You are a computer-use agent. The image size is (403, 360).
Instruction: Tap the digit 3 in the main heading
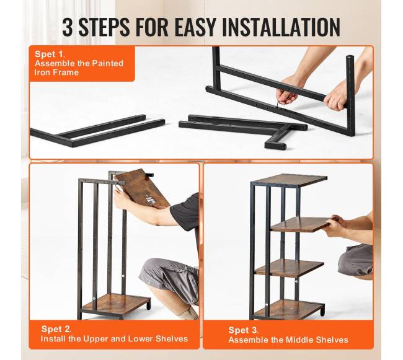coord(68,27)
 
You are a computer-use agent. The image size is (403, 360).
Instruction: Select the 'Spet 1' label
coord(50,54)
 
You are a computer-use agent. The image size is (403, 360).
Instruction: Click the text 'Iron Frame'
coord(56,72)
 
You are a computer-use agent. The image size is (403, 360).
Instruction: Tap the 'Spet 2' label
coord(56,329)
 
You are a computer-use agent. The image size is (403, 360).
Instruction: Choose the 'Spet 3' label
coord(243,330)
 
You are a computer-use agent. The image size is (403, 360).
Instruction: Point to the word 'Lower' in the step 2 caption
coord(141,339)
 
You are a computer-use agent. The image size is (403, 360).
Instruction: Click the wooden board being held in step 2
coord(142,188)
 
